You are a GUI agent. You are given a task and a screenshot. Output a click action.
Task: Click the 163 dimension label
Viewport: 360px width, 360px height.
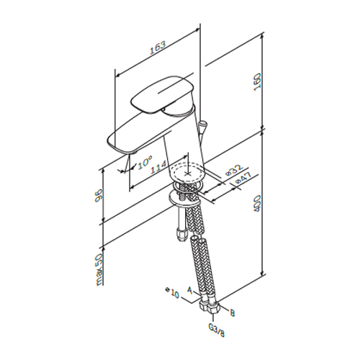pyautogui.click(x=158, y=48)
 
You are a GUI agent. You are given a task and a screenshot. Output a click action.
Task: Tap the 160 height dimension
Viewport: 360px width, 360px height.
pyautogui.click(x=257, y=81)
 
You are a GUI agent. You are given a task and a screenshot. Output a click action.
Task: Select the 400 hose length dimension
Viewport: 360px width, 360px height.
pyautogui.click(x=257, y=204)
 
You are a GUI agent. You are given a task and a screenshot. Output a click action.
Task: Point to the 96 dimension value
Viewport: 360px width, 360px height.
pyautogui.click(x=99, y=195)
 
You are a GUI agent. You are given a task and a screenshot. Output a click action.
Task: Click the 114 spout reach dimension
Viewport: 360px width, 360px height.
pyautogui.click(x=158, y=166)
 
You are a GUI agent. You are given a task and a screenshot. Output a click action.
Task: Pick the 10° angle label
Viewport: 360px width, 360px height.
pyautogui.click(x=145, y=162)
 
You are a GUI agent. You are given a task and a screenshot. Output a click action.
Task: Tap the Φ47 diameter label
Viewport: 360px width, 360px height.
pyautogui.click(x=243, y=179)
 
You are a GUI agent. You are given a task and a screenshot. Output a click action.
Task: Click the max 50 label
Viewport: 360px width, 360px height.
pyautogui.click(x=99, y=270)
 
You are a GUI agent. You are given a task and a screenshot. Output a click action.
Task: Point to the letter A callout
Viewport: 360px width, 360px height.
pyautogui.click(x=190, y=290)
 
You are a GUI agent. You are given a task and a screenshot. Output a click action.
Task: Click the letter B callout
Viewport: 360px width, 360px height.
pyautogui.click(x=232, y=313)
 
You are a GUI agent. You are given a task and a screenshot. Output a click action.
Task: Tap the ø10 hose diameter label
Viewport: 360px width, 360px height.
pyautogui.click(x=173, y=292)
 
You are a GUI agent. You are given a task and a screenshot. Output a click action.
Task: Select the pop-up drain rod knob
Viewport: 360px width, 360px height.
pyautogui.click(x=203, y=126)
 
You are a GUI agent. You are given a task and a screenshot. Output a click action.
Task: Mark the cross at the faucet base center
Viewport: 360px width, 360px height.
pyautogui.click(x=188, y=174)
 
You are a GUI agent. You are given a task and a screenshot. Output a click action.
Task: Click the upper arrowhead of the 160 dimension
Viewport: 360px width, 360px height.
pyautogui.click(x=263, y=35)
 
